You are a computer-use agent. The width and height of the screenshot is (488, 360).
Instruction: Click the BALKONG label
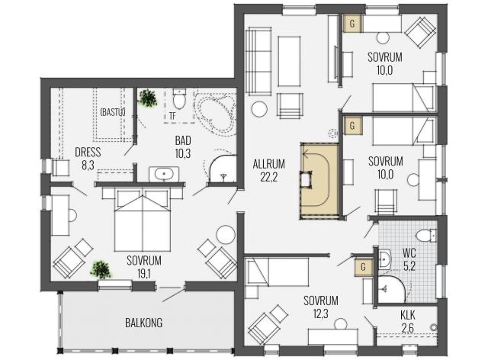143,323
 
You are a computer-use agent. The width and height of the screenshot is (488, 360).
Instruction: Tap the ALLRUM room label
269,164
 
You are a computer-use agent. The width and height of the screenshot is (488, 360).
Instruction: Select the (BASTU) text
113,112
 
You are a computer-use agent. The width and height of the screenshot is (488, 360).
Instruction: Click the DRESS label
88,153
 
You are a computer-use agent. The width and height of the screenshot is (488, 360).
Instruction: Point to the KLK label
408,315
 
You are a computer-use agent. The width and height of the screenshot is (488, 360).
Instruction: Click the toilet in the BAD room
179,98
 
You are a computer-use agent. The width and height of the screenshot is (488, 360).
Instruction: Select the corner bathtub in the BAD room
215,111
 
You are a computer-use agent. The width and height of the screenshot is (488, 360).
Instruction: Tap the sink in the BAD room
164,174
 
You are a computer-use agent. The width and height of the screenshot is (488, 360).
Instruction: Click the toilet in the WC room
427,235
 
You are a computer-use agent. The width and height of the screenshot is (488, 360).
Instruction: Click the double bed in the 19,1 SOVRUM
143,219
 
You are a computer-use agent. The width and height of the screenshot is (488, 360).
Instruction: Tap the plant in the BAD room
147,98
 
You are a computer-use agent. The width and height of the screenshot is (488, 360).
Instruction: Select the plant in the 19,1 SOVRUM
101,270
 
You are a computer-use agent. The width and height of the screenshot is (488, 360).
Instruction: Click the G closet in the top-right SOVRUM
352,24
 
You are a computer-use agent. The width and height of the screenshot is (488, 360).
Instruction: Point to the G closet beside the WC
363,267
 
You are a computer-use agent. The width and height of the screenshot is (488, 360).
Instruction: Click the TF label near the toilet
172,116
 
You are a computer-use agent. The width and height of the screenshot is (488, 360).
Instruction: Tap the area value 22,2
269,177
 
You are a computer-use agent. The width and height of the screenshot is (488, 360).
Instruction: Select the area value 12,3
320,314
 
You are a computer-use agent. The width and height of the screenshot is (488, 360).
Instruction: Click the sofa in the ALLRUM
258,61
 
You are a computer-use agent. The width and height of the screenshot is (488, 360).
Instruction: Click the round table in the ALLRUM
259,109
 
